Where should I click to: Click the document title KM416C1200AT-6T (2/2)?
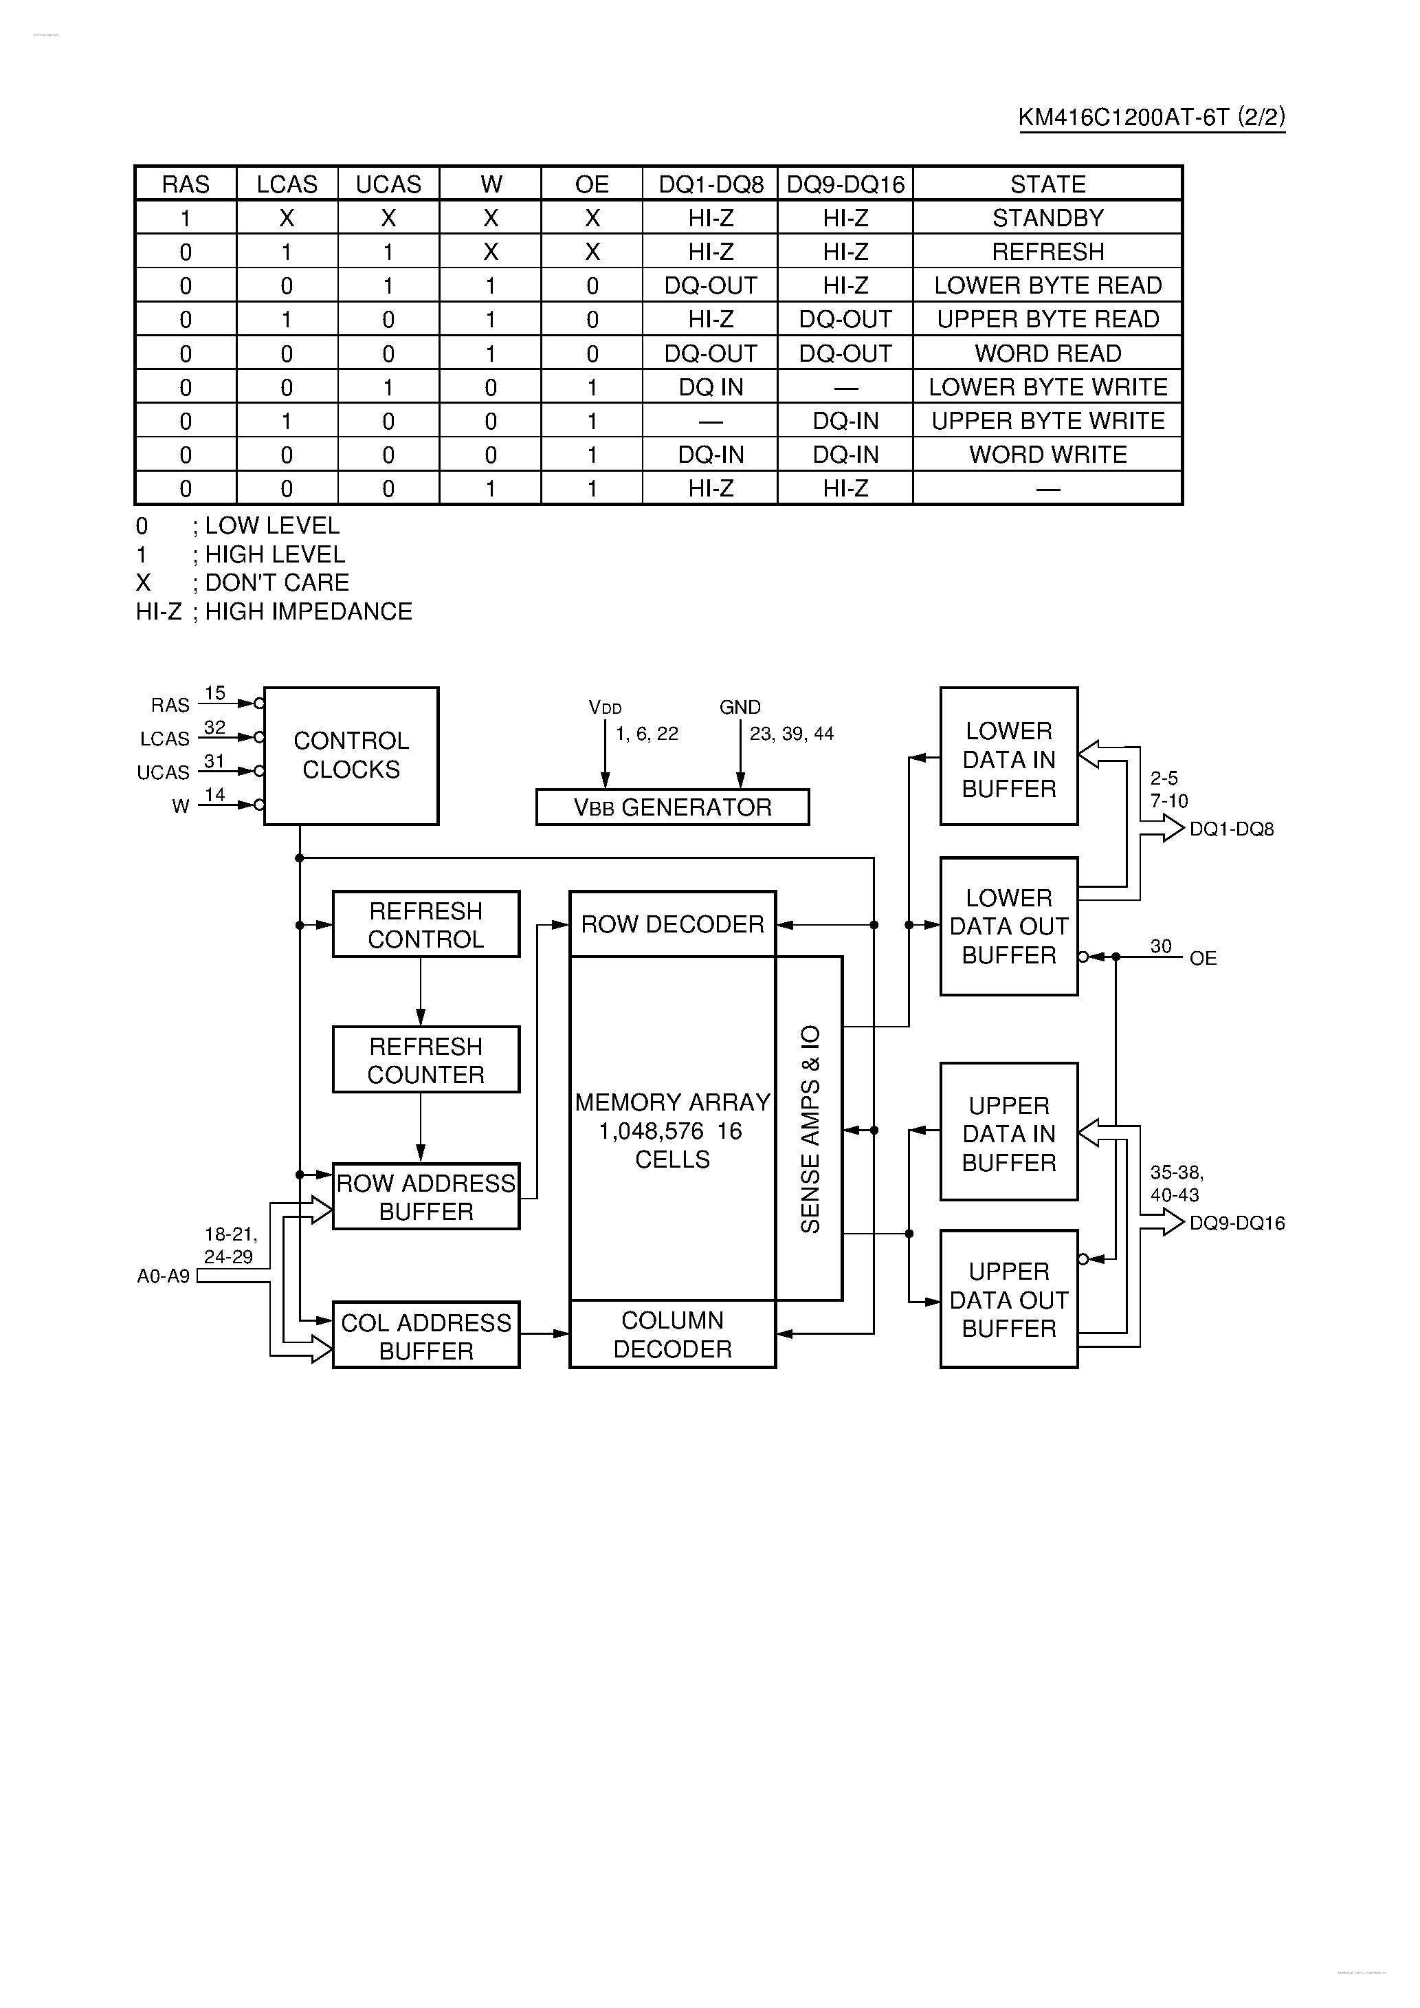coord(1151,117)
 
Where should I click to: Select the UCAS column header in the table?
coord(388,184)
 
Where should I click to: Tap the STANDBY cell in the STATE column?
coord(1047,218)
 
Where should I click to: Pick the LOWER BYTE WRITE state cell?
coord(1047,386)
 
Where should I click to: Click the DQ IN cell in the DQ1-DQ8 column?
coord(710,386)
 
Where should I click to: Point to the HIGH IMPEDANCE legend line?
coord(274,611)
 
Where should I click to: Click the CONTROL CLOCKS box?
coord(351,756)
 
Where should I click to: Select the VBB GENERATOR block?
coord(672,807)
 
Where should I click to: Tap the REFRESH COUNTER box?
coord(426,1060)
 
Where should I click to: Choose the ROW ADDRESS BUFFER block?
coord(426,1197)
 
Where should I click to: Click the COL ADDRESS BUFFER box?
coord(426,1335)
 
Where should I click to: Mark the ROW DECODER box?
coord(672,924)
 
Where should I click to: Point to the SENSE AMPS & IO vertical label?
coord(810,1128)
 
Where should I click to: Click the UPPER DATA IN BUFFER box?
coord(1008,1133)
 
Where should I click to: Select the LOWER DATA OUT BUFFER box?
coord(1008,926)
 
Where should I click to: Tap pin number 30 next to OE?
coord(1160,946)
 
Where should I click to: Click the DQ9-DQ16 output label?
coord(1236,1223)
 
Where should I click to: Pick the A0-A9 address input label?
coord(164,1276)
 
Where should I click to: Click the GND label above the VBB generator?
coord(740,707)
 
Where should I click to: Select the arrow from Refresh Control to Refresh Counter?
coord(421,992)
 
